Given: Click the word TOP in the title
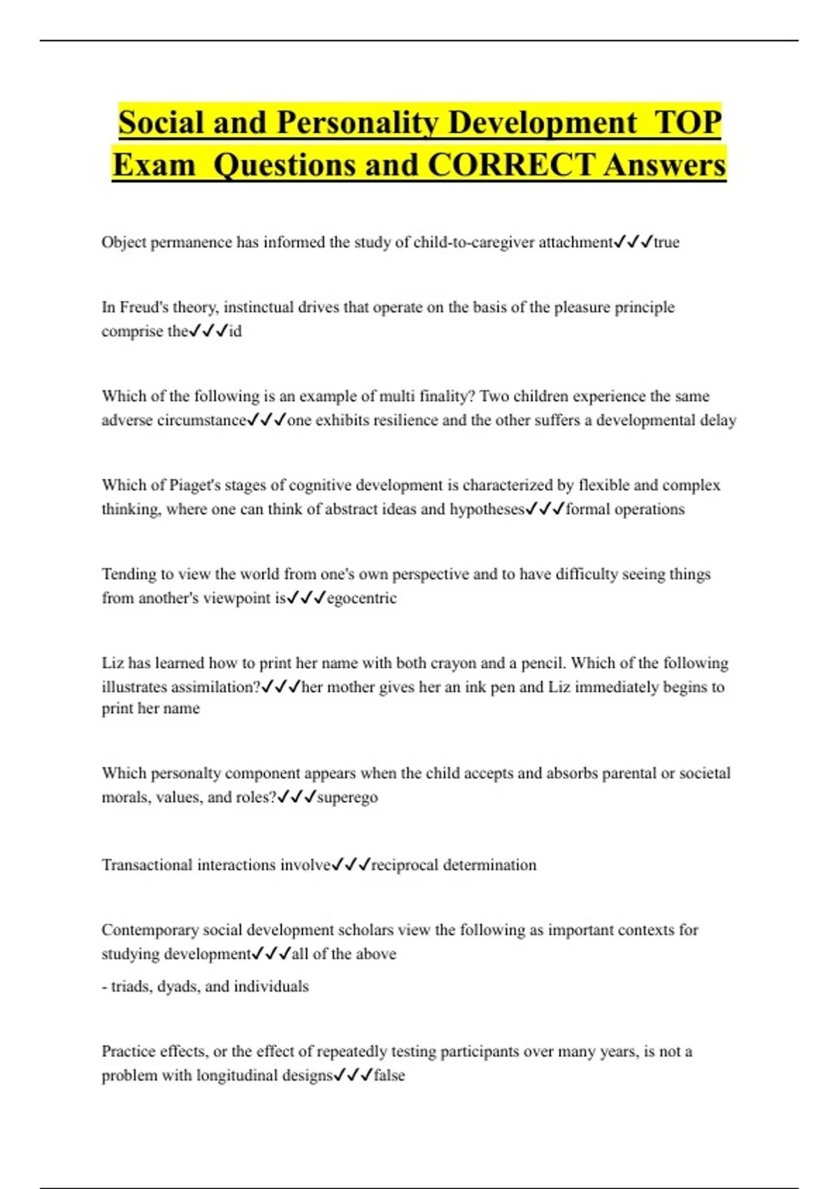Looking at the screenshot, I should (x=687, y=123).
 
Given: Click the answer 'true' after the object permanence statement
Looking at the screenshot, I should (x=666, y=242).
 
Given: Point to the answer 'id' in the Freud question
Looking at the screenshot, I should (x=235, y=331).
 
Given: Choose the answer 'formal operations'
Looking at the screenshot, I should (x=625, y=509).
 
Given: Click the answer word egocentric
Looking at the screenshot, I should (x=361, y=598).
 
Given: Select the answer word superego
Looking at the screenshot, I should (x=347, y=797).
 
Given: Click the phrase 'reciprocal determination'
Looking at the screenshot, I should (x=454, y=865).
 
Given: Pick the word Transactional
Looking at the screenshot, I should (x=147, y=865).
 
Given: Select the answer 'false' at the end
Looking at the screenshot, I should (x=389, y=1075).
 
